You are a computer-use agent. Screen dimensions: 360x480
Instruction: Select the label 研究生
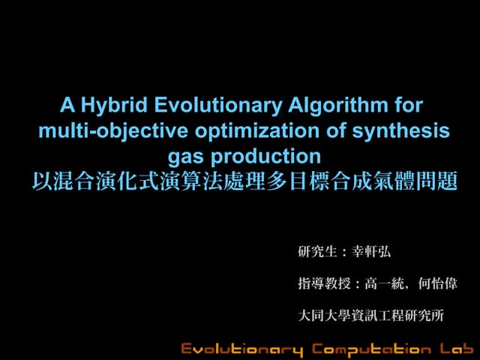click(x=314, y=253)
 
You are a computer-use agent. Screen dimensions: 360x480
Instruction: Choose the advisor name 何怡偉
click(x=439, y=285)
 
